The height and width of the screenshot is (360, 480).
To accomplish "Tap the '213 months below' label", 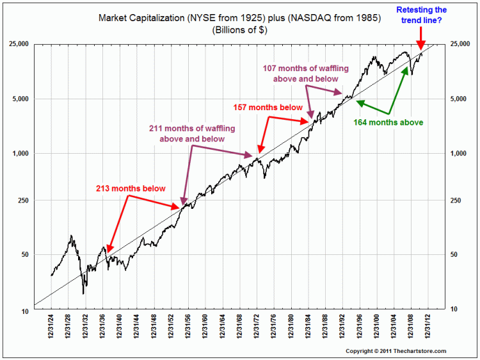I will point(131,188).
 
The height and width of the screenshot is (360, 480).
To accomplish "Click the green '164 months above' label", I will point(388,122).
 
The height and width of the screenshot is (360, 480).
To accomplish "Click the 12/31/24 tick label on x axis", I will point(52,330).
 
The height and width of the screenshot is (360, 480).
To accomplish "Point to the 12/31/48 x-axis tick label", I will point(154,330).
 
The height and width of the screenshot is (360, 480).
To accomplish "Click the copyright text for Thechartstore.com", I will point(396,351).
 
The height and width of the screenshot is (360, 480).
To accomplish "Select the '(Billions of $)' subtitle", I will point(239,29).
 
